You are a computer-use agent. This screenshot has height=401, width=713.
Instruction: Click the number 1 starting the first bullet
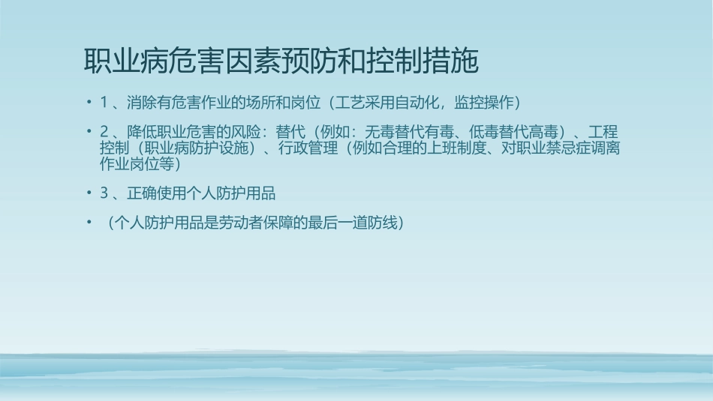(104, 102)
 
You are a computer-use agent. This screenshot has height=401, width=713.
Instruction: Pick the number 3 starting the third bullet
(104, 193)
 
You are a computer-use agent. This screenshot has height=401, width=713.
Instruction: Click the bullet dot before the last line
(89, 223)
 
